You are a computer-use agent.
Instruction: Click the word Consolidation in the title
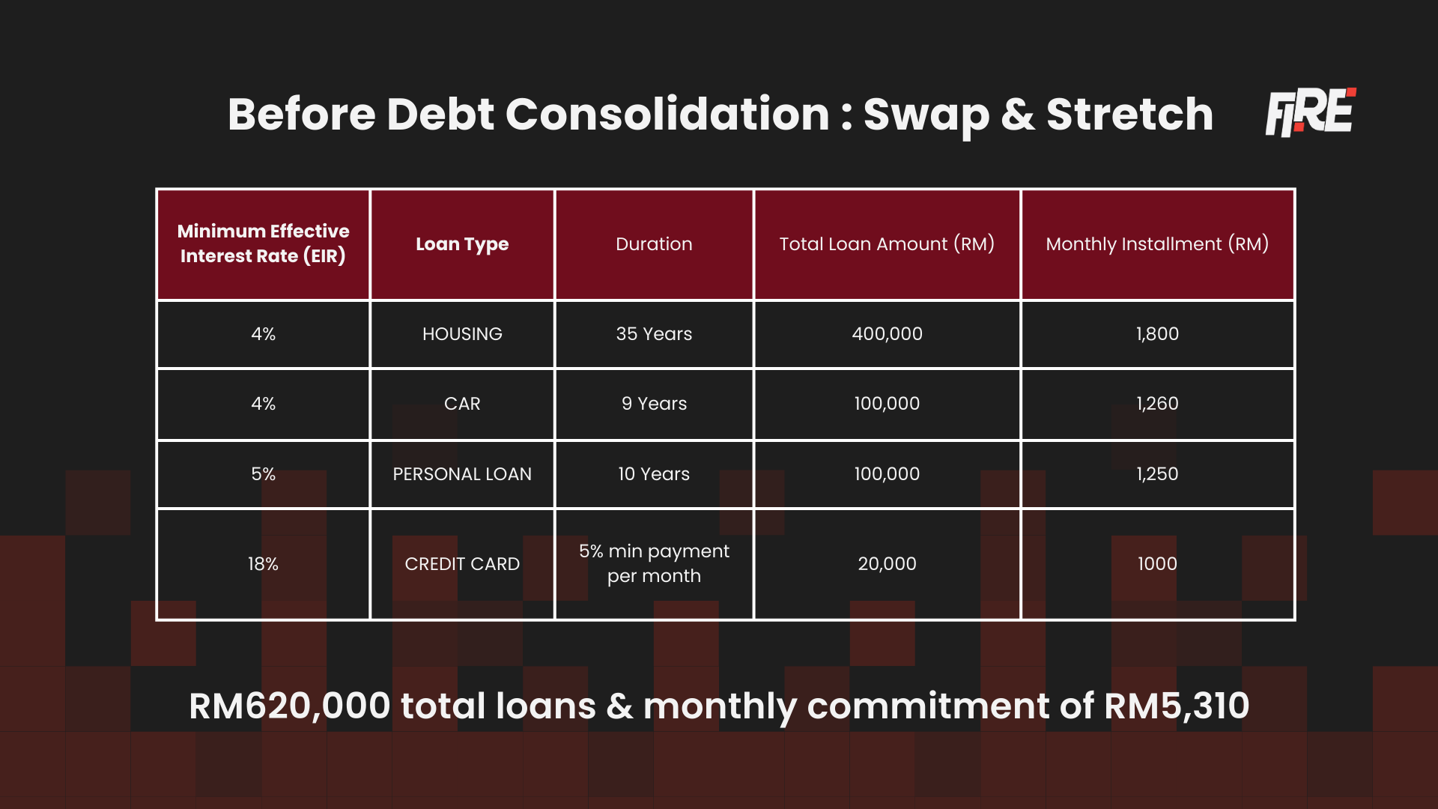click(667, 115)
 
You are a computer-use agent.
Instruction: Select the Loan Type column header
click(462, 244)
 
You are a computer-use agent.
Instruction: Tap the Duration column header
click(654, 244)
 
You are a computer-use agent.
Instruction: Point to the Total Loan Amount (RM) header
click(887, 244)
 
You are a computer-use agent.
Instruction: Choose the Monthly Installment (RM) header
click(1157, 244)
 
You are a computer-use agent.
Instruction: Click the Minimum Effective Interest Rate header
click(263, 243)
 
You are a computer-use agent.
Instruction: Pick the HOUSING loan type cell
click(462, 334)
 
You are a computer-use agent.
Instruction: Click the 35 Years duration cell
click(654, 334)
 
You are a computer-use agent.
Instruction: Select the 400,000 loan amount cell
click(887, 334)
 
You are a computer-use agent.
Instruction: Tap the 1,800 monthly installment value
click(1157, 334)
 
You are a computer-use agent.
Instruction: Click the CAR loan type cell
click(462, 404)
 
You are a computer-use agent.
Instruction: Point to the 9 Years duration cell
click(654, 404)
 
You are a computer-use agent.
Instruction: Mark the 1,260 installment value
click(1157, 404)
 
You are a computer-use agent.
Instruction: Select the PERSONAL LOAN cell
click(462, 474)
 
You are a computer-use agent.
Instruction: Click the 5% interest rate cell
click(263, 474)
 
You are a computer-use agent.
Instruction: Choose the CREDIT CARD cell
click(462, 564)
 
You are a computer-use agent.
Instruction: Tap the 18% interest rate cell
click(263, 564)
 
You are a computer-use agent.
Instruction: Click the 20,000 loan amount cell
click(887, 564)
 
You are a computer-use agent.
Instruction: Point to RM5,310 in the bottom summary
click(1176, 706)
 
